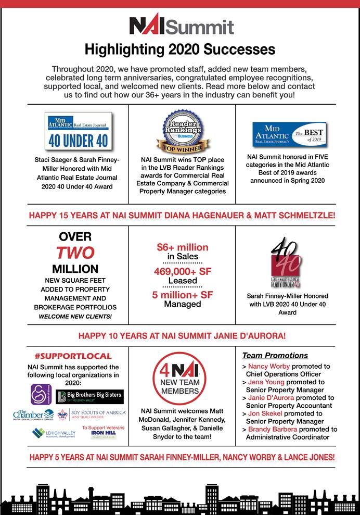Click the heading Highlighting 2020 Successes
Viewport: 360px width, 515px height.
point(179,50)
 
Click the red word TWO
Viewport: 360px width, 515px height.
point(75,253)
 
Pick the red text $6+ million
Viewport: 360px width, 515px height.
point(182,247)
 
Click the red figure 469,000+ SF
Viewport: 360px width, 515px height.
point(182,271)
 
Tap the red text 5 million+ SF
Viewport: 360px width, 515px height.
point(182,295)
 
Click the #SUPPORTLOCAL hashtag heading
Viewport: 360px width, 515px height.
point(73,356)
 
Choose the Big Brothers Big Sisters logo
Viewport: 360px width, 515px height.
point(89,397)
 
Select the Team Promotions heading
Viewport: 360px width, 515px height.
point(275,356)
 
